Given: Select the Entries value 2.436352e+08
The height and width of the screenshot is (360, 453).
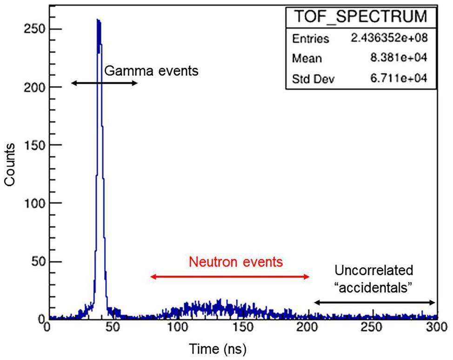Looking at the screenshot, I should click(389, 38).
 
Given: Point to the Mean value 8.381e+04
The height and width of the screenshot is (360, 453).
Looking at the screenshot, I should click(401, 58).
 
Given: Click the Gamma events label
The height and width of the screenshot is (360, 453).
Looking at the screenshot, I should click(151, 71).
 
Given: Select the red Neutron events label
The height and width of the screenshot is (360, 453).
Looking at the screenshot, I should click(236, 262).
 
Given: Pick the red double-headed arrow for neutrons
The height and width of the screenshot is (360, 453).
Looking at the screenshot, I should click(230, 277).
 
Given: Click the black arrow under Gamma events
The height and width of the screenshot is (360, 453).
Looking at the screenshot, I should click(104, 83).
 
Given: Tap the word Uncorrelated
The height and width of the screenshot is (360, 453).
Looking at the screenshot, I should click(374, 270).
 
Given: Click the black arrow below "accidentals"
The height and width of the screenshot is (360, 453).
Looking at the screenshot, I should click(374, 303).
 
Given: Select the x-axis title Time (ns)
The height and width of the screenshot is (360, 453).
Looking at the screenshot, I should click(217, 347).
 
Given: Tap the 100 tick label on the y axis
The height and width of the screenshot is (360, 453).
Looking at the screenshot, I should click(32, 203).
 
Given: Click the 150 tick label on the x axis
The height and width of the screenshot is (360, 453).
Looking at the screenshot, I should click(243, 327).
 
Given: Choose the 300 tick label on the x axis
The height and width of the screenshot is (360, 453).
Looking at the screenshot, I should click(435, 327).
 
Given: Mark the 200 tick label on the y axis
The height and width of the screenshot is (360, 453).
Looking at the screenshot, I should click(32, 87).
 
